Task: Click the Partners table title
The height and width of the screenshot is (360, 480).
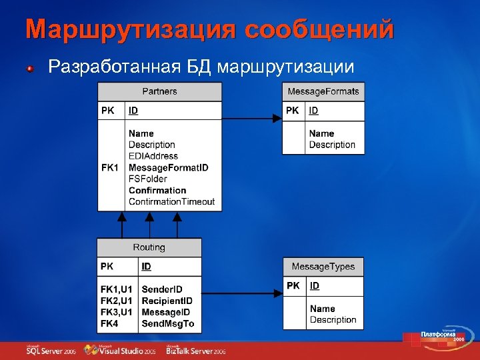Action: (159, 91)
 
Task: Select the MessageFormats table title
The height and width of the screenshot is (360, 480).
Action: (323, 91)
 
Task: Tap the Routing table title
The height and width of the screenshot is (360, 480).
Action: (149, 247)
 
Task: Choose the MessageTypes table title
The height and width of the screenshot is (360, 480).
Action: (323, 267)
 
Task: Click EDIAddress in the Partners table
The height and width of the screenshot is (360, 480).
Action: (153, 156)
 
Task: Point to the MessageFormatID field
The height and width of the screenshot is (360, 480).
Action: (168, 167)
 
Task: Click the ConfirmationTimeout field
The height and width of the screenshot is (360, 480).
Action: (171, 201)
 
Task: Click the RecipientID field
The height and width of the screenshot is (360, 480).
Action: (167, 301)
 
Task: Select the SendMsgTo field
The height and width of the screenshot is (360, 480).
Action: (167, 324)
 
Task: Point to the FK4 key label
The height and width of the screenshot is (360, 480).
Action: (109, 324)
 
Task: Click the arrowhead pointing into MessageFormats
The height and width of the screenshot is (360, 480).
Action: (277, 119)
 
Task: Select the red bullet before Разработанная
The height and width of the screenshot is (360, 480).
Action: (31, 68)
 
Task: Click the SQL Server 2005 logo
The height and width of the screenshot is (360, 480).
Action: (51, 350)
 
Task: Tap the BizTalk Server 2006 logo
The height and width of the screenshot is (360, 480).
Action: (196, 350)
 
